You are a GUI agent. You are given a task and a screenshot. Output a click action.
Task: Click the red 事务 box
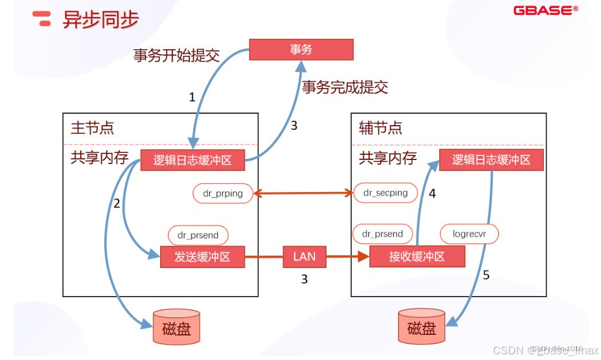(301, 50)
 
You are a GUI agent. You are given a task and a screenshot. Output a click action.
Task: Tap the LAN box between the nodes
(304, 257)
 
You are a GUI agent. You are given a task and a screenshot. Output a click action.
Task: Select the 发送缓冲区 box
(202, 257)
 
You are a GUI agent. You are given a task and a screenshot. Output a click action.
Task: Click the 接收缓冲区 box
(417, 257)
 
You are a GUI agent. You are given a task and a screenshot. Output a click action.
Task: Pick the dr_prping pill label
(223, 194)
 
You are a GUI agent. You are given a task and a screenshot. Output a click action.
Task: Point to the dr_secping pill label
(385, 193)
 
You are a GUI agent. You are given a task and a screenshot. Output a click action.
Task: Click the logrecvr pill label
(469, 234)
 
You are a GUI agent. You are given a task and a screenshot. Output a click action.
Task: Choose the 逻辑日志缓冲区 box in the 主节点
(192, 160)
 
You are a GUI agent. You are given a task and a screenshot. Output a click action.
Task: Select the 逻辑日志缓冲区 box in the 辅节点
(491, 159)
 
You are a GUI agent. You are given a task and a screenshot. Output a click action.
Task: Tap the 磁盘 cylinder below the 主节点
(177, 327)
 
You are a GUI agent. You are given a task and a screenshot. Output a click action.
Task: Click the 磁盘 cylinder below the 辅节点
(421, 327)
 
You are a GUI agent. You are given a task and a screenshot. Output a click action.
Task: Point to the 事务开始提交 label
(176, 55)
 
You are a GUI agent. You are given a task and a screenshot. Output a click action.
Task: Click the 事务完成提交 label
(345, 87)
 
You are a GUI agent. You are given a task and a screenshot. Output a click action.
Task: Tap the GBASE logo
(546, 10)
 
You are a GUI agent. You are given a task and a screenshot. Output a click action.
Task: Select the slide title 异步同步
(101, 19)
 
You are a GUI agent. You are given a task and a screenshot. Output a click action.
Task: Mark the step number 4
(432, 194)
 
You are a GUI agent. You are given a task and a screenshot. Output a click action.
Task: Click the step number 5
(486, 275)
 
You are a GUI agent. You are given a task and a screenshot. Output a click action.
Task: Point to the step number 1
(192, 97)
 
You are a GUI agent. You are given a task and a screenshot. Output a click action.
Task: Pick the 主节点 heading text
(93, 127)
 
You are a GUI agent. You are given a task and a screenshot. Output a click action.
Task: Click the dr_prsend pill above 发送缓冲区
(198, 235)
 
